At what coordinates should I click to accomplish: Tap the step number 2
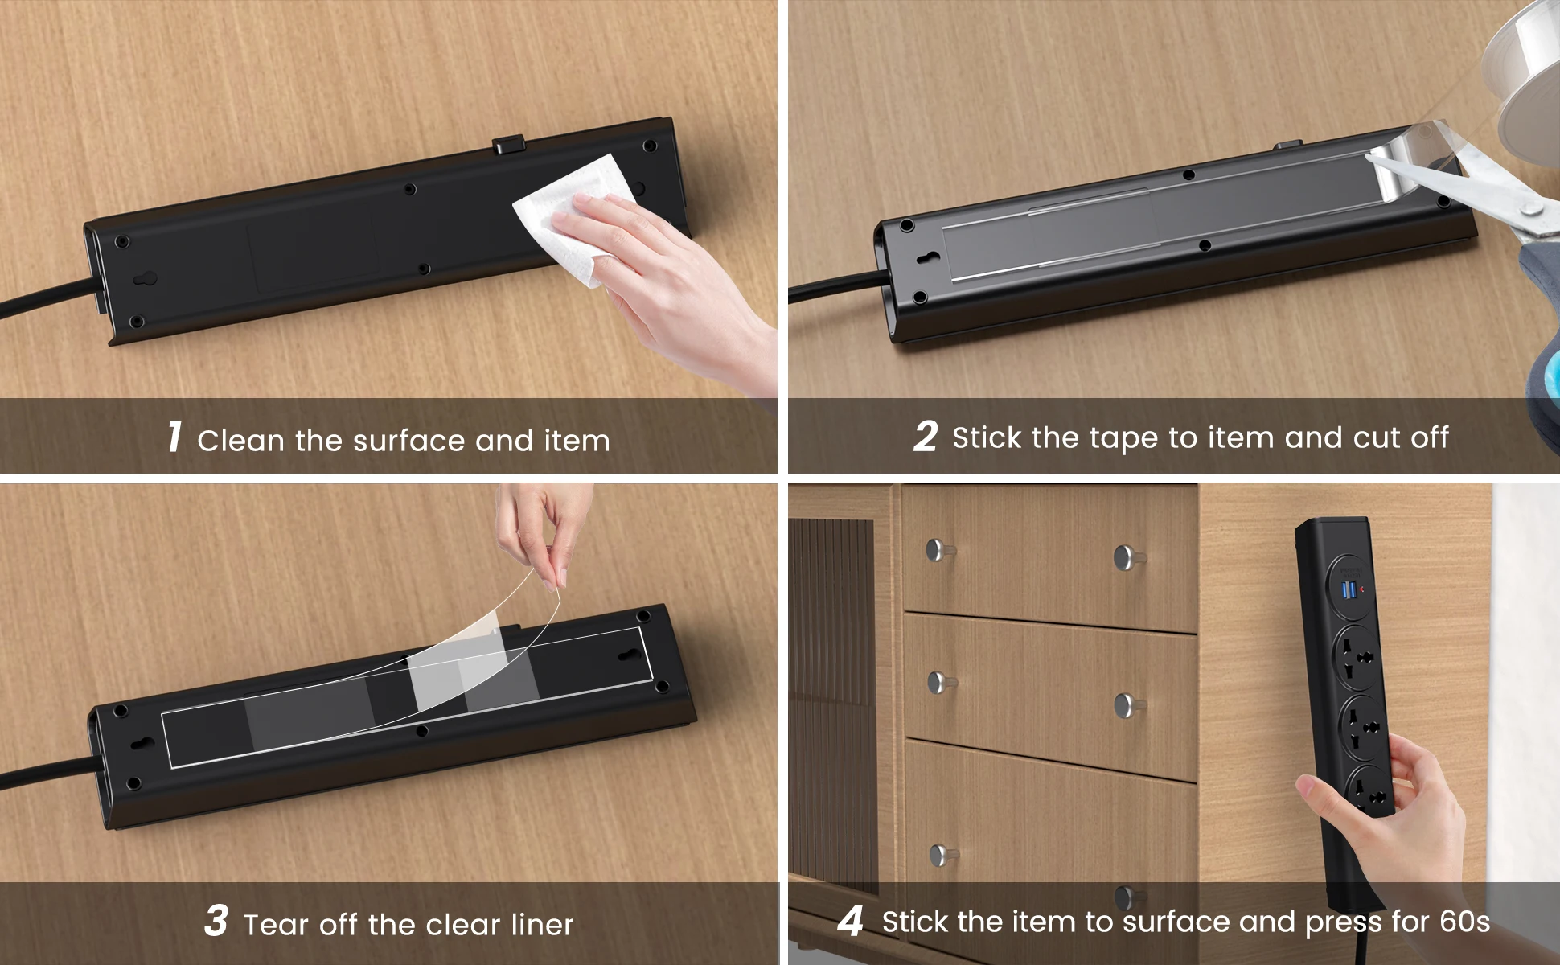926,437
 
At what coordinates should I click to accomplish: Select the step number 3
216,921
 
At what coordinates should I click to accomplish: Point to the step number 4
851,921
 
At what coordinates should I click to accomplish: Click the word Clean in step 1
241,441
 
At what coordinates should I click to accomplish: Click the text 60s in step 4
1464,922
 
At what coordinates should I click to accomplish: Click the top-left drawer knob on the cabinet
938,550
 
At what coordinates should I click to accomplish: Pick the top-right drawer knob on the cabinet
1128,556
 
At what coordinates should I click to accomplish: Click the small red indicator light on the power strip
1362,589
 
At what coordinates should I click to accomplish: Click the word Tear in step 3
276,925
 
